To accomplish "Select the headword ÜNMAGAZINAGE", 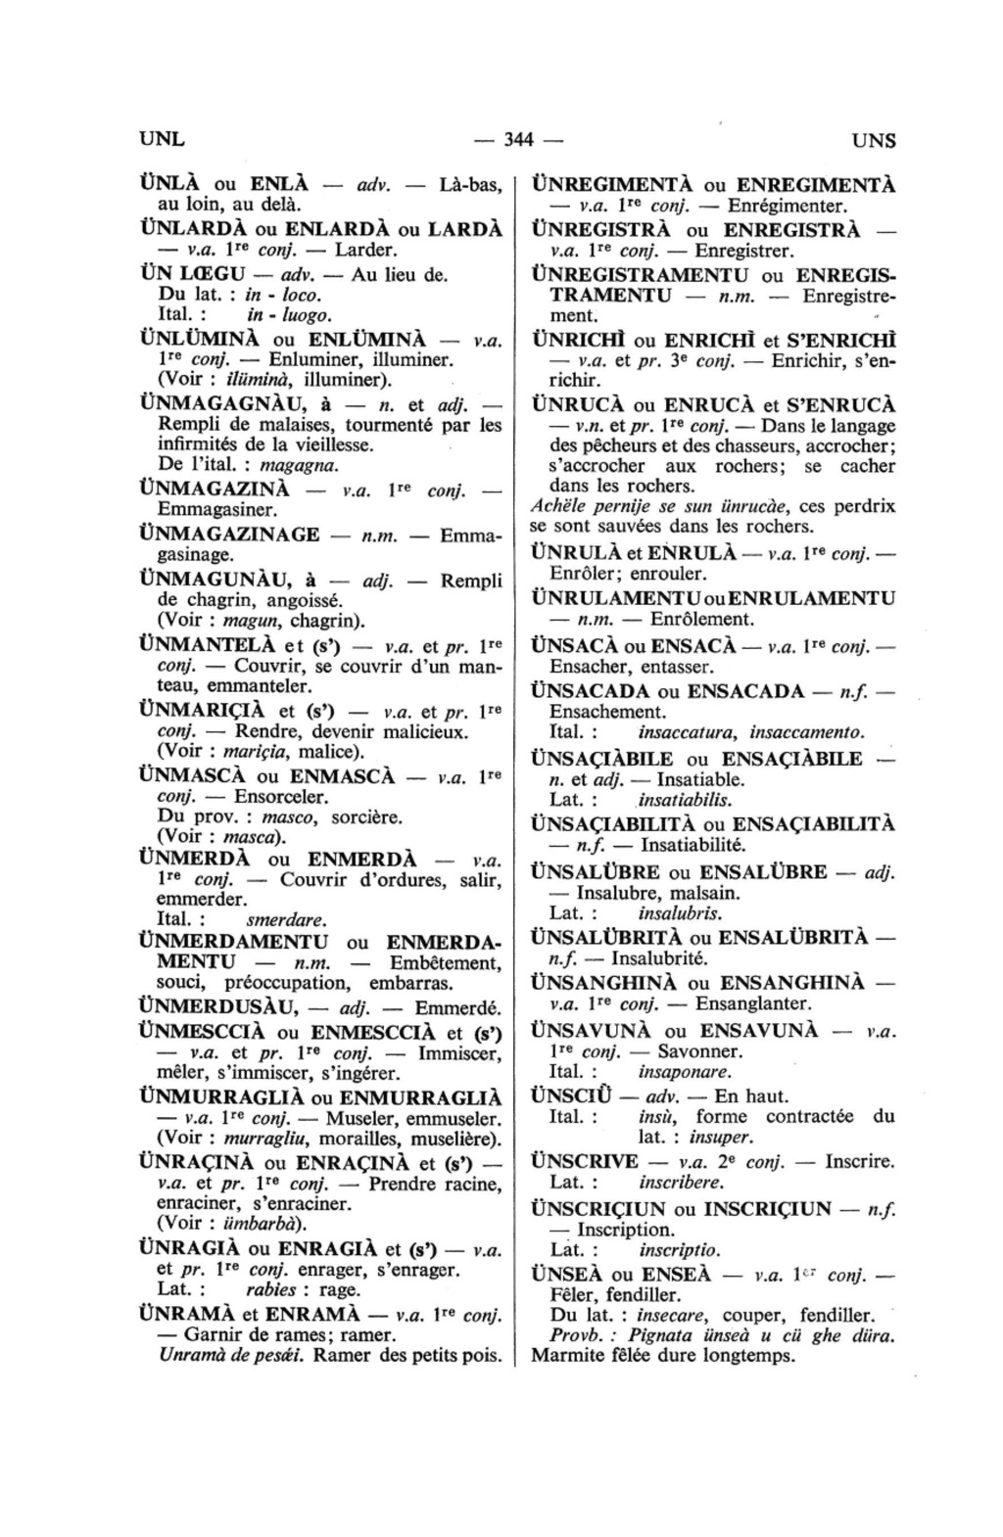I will pyautogui.click(x=230, y=535).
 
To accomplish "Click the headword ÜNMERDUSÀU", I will pyautogui.click(x=219, y=1006).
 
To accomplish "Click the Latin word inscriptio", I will pyautogui.click(x=679, y=1250).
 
